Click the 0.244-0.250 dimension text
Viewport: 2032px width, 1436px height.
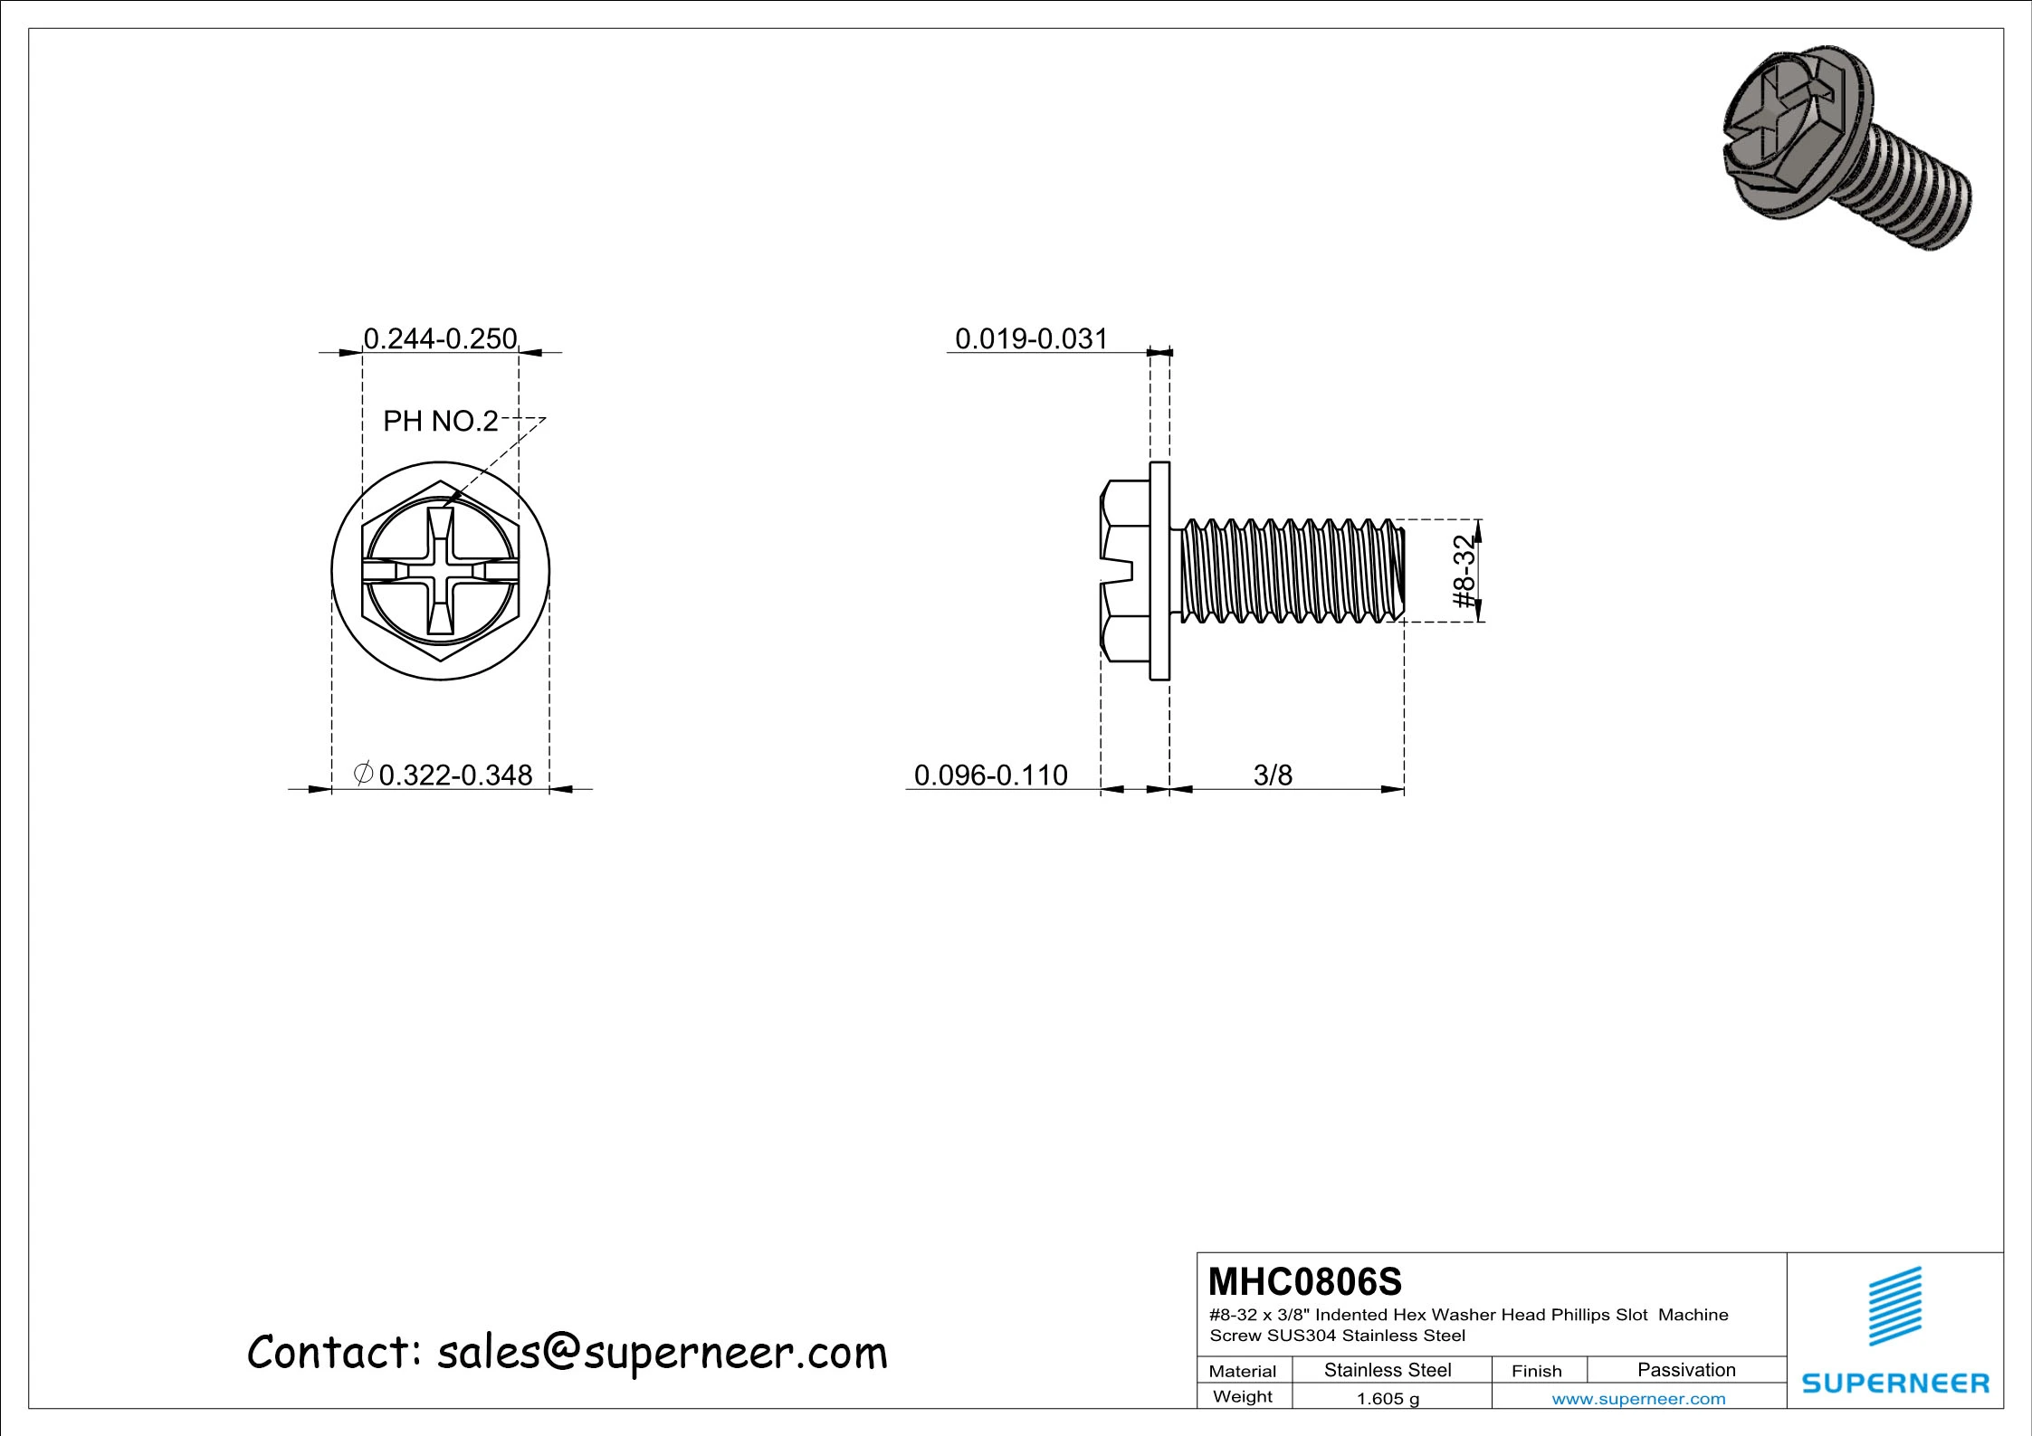pos(440,338)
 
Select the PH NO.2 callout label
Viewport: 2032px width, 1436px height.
pos(440,421)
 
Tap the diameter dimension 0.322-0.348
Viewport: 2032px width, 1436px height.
pos(454,775)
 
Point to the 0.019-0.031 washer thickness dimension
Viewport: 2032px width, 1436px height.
pos(1031,338)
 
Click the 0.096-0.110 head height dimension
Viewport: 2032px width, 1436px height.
pos(990,775)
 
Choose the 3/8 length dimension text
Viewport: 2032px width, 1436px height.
pos(1273,775)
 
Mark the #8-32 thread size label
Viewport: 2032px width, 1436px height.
pos(1464,571)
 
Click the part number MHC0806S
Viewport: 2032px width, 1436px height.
pos(1304,1281)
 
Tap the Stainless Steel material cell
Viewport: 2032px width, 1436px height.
pos(1387,1370)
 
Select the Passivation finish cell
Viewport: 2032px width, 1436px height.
pos(1686,1370)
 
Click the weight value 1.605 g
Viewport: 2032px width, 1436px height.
pos(1387,1399)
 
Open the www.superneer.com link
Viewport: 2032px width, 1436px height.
pos(1638,1399)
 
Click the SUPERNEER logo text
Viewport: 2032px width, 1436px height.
pos(1895,1384)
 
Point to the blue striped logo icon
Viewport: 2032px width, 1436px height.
pos(1895,1307)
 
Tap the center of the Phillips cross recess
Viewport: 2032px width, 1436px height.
pos(440,571)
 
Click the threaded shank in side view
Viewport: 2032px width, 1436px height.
pos(1290,571)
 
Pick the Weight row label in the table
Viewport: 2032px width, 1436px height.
pos(1242,1396)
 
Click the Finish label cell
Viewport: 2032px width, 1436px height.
pos(1536,1371)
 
